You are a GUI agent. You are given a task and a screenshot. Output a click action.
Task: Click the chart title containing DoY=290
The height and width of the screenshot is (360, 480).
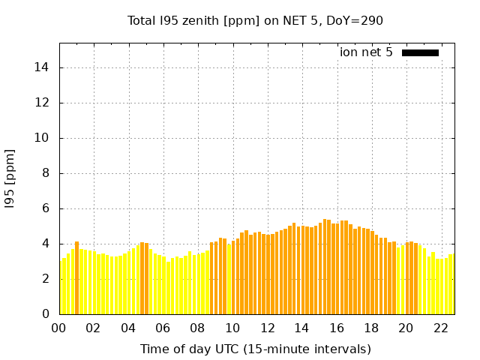tap(256, 20)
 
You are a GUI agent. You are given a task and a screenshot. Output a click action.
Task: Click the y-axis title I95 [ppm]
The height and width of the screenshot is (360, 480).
tap(10, 178)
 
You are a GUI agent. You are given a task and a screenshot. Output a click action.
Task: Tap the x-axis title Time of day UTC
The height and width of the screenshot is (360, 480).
tap(256, 349)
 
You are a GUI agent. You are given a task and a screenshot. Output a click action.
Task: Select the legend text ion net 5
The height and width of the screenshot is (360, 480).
tap(366, 52)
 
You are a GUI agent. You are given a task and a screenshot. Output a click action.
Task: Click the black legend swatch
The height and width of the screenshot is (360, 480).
tap(420, 52)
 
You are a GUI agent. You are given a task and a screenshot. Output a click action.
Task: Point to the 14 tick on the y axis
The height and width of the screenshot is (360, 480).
tap(43, 67)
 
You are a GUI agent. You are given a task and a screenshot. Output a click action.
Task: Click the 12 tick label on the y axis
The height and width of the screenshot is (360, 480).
tap(43, 103)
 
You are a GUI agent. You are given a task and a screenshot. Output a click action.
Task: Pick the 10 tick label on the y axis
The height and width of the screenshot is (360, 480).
tap(43, 138)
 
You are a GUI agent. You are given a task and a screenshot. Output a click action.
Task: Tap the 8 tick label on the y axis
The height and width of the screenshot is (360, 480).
tap(46, 173)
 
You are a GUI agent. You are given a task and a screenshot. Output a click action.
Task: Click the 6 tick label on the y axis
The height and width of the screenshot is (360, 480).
tap(46, 208)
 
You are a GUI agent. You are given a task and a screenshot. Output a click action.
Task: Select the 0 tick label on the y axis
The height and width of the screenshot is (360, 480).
tap(46, 314)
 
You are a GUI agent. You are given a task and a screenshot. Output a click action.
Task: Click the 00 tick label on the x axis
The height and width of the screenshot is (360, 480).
tap(59, 328)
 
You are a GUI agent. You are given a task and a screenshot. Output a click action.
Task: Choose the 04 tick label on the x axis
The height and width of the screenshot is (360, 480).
tap(128, 328)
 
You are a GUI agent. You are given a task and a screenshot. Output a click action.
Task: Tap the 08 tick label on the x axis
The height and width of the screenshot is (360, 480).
tap(198, 328)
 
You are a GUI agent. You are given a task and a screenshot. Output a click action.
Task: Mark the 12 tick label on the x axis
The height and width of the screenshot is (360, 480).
tap(267, 328)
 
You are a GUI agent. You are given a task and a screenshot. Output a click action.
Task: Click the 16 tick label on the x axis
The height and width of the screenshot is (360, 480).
tap(337, 328)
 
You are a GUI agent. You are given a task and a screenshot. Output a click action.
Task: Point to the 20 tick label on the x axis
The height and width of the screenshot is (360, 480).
tap(406, 328)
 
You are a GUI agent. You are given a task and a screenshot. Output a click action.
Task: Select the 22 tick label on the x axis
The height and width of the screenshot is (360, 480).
tap(440, 328)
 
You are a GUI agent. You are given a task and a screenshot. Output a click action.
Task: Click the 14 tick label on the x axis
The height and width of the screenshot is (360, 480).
tap(301, 328)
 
